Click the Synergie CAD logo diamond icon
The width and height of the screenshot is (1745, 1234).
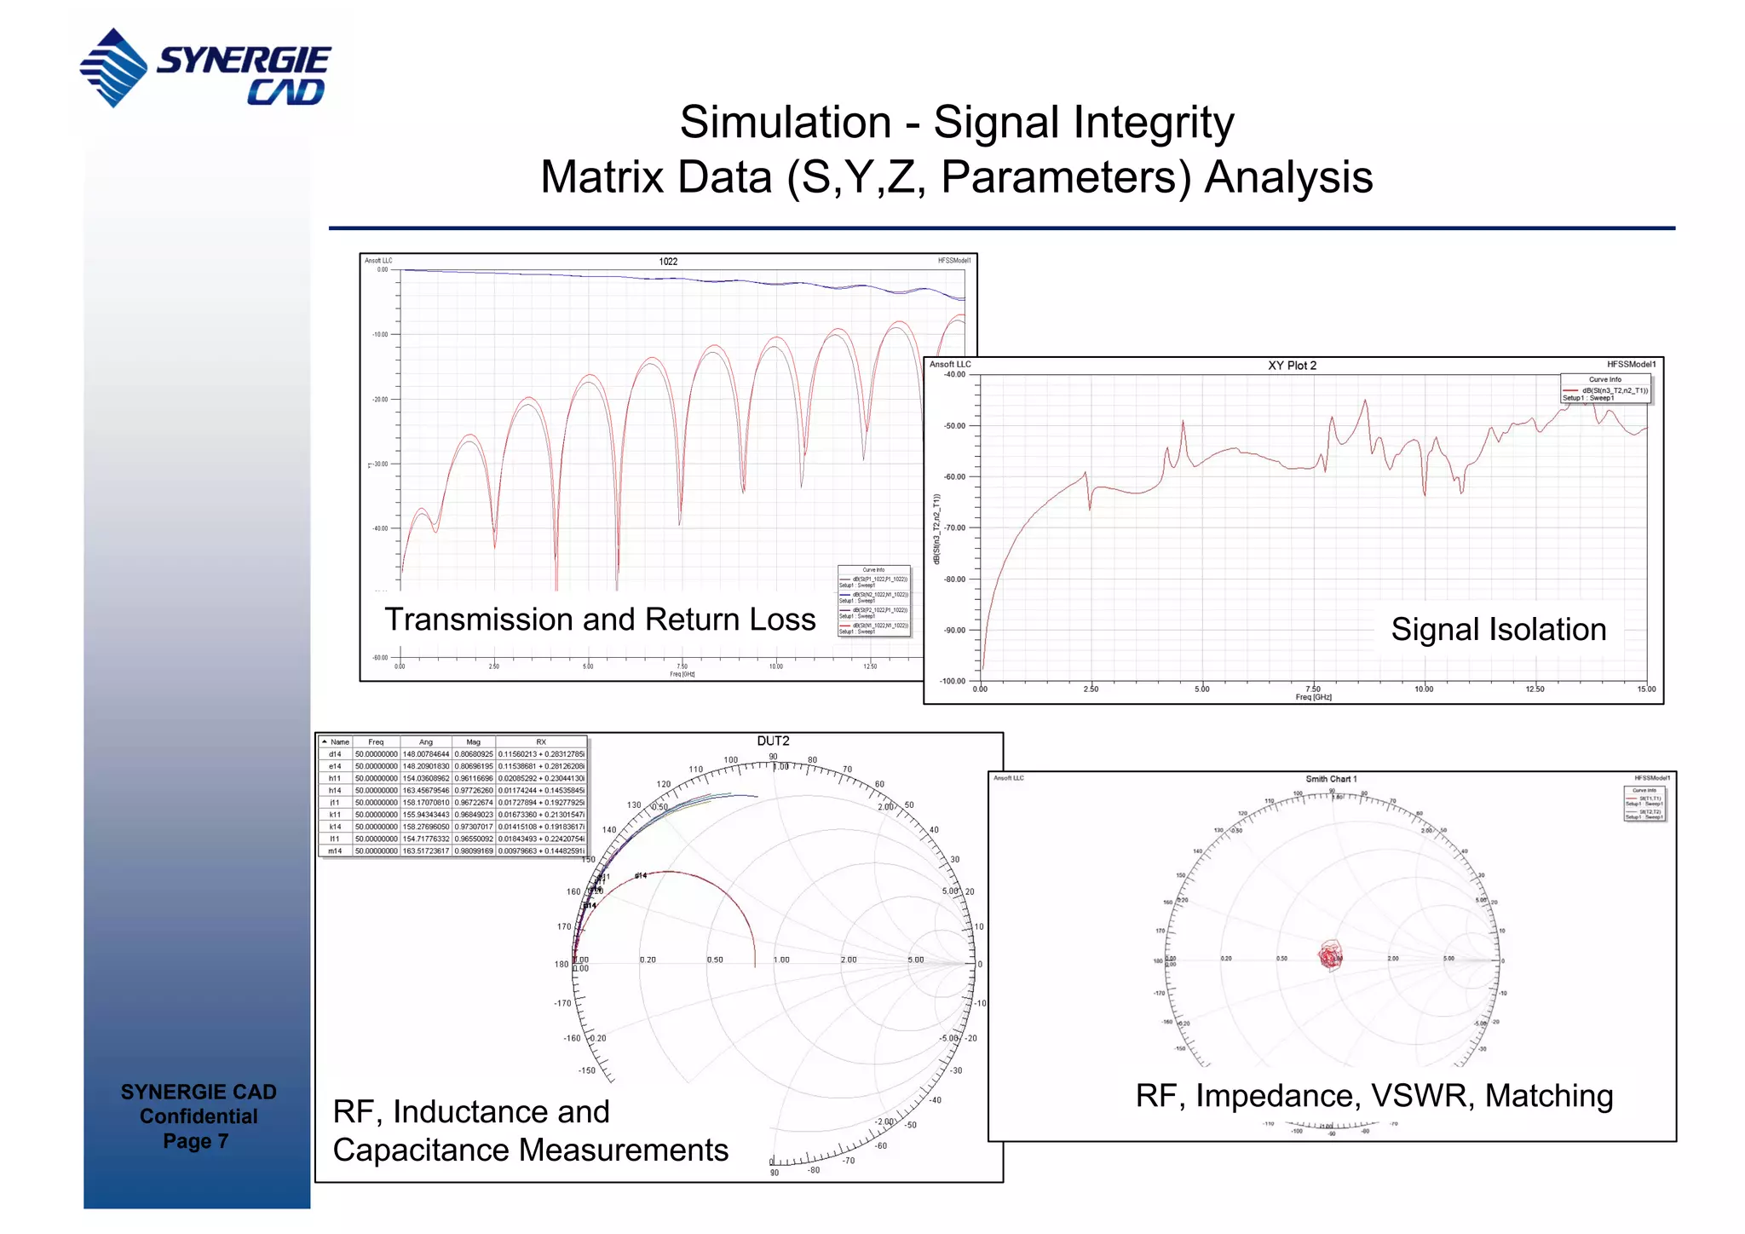point(113,67)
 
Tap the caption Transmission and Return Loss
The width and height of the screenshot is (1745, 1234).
point(600,620)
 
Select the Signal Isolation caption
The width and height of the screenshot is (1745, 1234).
point(1498,630)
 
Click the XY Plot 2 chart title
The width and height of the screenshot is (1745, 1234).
point(1292,366)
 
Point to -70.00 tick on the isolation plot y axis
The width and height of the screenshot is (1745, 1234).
point(954,528)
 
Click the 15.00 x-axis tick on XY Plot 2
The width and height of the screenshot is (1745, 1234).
point(1646,689)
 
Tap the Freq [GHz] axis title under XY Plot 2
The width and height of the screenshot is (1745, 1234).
point(1313,698)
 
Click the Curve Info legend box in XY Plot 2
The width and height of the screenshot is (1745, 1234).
point(1605,389)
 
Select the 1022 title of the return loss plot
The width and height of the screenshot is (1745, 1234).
point(668,262)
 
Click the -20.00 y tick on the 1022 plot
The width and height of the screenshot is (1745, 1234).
point(380,400)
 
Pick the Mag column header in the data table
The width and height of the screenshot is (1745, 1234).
point(473,742)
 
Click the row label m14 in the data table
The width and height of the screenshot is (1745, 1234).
point(335,851)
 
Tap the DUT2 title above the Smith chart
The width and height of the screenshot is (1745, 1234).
point(773,741)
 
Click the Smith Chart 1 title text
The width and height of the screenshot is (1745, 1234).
point(1331,779)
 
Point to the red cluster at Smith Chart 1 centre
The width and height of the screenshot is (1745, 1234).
point(1330,956)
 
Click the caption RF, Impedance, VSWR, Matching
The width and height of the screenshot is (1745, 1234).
point(1374,1096)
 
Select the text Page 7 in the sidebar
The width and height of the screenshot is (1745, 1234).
point(196,1141)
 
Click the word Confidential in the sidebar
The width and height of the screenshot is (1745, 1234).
point(198,1116)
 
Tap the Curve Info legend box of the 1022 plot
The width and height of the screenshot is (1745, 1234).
point(873,601)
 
